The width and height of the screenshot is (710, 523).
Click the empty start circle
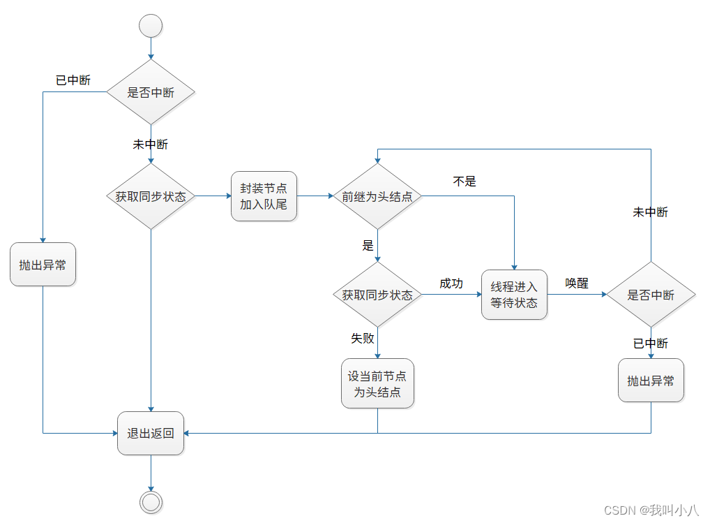tap(151, 26)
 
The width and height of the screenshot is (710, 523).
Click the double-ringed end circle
tap(151, 502)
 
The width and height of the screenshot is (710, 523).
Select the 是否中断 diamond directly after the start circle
tap(151, 92)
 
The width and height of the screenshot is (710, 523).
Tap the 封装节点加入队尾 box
tap(264, 196)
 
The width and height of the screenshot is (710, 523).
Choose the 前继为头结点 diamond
tap(377, 196)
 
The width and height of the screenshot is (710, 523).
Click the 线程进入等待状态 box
tap(514, 295)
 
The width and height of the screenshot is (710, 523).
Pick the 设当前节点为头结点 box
tap(377, 383)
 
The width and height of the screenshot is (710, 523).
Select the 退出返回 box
tap(151, 433)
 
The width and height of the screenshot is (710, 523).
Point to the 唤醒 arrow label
tap(577, 283)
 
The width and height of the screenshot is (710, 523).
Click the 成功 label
tap(451, 283)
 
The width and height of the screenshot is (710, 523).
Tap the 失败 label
tap(363, 339)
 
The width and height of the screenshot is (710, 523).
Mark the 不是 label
tap(464, 182)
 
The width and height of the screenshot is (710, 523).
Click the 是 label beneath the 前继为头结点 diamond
tap(368, 246)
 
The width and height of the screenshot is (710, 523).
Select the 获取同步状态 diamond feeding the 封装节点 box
tap(151, 196)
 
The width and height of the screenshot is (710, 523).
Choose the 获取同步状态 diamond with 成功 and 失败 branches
tap(377, 295)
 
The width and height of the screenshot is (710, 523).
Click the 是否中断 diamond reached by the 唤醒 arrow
tap(651, 295)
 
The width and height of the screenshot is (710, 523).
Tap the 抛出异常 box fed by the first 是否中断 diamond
tap(43, 265)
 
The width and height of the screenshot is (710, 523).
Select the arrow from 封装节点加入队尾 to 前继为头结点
tap(315, 196)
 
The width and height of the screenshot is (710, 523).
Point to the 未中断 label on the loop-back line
tap(650, 212)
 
